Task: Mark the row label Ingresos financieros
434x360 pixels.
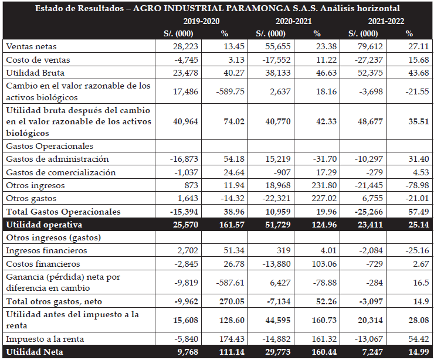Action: (46, 250)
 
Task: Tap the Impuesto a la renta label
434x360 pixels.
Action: (44, 339)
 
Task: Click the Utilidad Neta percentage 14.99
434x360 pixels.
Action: (417, 352)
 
